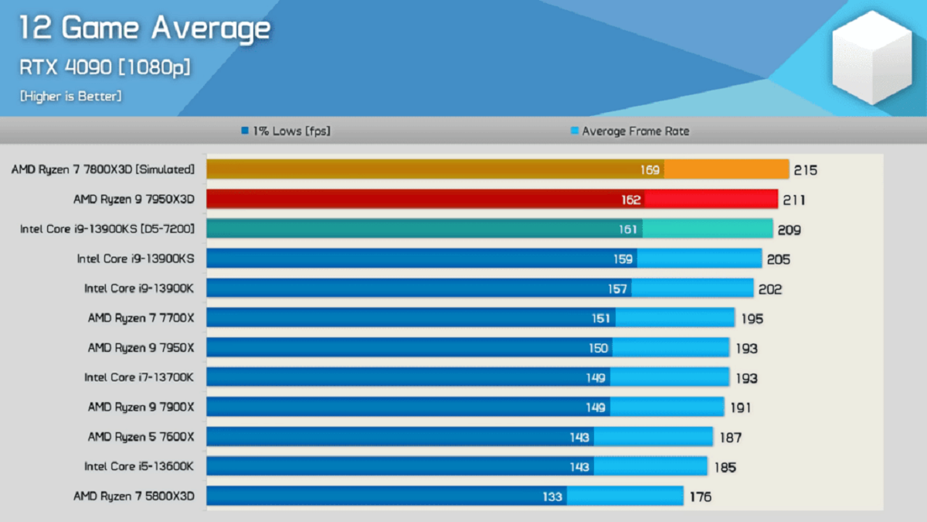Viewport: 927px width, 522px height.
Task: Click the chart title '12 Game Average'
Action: pyautogui.click(x=144, y=29)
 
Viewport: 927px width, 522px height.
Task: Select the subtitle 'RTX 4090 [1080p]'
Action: pyautogui.click(x=104, y=67)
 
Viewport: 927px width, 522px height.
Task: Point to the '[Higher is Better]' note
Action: pyautogui.click(x=70, y=97)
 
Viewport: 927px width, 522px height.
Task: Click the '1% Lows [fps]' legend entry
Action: pyautogui.click(x=286, y=131)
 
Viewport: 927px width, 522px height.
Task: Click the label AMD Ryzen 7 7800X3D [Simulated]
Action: pyautogui.click(x=103, y=169)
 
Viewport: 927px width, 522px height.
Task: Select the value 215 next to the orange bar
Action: pyautogui.click(x=805, y=170)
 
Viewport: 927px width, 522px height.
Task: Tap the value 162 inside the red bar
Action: pyautogui.click(x=630, y=200)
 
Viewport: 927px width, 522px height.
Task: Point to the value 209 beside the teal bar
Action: pyautogui.click(x=789, y=230)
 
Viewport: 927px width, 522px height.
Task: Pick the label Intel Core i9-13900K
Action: pyautogui.click(x=139, y=288)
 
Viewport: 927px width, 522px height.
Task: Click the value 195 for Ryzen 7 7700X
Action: pyautogui.click(x=750, y=319)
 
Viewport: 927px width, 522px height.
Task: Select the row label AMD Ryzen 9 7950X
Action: pyautogui.click(x=141, y=348)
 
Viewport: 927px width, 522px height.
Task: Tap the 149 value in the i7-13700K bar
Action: pyautogui.click(x=596, y=378)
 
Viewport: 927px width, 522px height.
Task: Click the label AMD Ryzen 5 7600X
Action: pyautogui.click(x=141, y=437)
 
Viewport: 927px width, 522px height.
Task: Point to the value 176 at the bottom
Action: pyautogui.click(x=699, y=497)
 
